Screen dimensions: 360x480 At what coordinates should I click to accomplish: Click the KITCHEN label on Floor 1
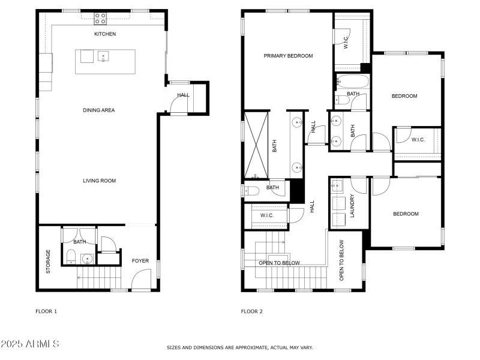click(x=105, y=34)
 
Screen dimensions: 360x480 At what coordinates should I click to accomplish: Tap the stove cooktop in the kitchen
click(x=100, y=19)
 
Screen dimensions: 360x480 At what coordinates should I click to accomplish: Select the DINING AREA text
click(x=99, y=110)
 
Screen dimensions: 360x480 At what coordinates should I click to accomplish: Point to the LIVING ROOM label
click(x=99, y=181)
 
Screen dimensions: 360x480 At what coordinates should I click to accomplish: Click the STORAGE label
click(x=49, y=262)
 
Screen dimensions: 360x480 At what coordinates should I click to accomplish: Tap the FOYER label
click(x=140, y=261)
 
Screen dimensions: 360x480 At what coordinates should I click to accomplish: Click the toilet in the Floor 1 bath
click(x=70, y=259)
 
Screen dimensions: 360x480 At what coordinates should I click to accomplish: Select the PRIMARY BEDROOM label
click(x=288, y=56)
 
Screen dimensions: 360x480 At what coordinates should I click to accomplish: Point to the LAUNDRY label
click(x=352, y=205)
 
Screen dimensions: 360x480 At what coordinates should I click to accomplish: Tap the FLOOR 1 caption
click(x=46, y=311)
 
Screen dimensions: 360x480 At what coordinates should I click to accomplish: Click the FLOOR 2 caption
click(x=251, y=311)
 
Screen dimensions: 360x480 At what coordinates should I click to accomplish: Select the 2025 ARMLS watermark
click(x=30, y=344)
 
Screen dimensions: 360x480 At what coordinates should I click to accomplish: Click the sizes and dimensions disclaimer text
click(x=239, y=347)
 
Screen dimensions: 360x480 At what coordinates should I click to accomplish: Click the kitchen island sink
click(x=103, y=58)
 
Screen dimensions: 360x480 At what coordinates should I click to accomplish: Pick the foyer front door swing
click(x=142, y=280)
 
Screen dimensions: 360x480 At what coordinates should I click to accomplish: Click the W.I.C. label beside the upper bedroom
click(x=418, y=140)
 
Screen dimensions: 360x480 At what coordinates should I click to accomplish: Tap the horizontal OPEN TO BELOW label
click(x=279, y=263)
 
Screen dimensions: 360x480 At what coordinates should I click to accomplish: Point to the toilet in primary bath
click(x=252, y=191)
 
